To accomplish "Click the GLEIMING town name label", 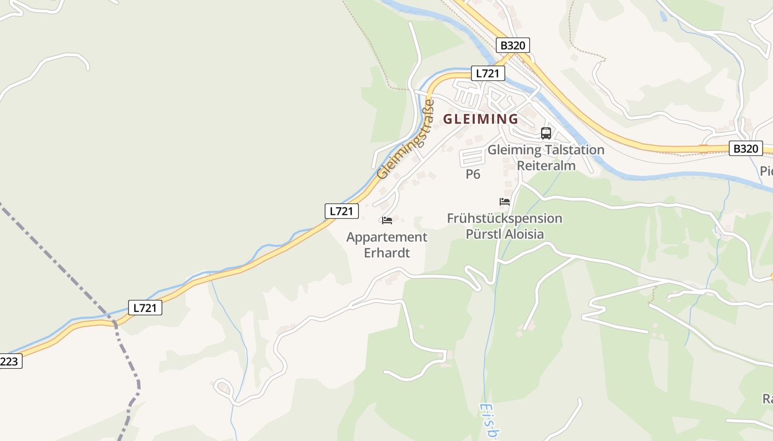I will click(481, 119).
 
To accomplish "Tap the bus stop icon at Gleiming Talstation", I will click(546, 133).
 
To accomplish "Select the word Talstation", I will click(575, 150).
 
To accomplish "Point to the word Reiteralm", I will click(546, 165).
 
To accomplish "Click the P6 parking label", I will click(473, 175).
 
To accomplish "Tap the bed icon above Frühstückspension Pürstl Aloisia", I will click(505, 202).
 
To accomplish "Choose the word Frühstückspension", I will click(505, 218).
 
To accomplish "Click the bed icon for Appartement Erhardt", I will click(387, 220).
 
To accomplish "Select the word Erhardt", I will click(387, 253).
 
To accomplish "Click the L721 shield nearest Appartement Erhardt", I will click(342, 211).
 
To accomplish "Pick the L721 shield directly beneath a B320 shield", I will click(488, 73).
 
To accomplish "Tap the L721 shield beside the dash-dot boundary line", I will click(145, 308).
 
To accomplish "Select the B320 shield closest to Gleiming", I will click(513, 45).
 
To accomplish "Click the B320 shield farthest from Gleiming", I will click(745, 148).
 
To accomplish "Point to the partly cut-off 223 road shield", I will click(10, 362).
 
